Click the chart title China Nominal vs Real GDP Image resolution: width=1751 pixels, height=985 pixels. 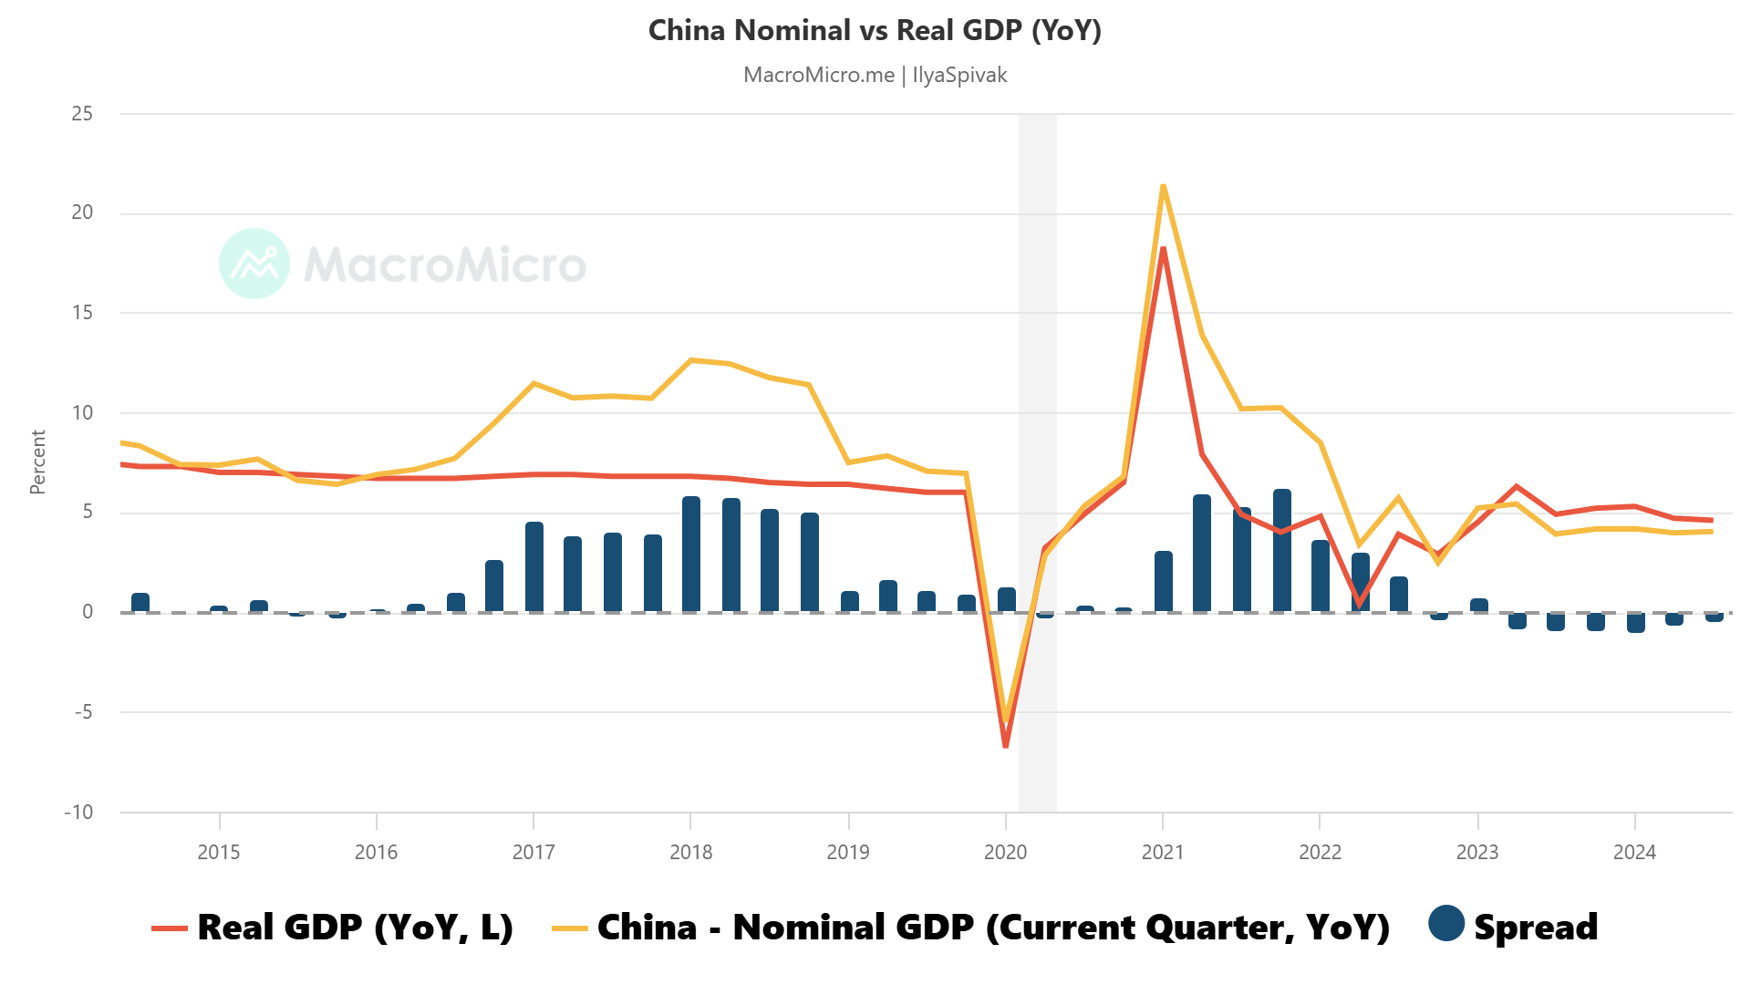875,30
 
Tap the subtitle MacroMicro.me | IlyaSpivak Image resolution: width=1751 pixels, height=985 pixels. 875,75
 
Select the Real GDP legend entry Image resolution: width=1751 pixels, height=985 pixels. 334,927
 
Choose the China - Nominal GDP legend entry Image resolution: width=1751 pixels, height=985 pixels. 972,927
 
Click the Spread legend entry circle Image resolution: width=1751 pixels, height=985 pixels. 1446,923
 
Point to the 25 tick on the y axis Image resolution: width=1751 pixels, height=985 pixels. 82,114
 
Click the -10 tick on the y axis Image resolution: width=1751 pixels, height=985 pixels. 78,812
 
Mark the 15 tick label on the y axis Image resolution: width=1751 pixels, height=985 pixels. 82,313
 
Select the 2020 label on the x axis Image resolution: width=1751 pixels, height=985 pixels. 1005,852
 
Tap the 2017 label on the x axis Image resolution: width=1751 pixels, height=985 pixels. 534,852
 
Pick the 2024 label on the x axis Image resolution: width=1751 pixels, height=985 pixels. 1634,852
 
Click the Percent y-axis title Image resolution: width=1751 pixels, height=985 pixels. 37,462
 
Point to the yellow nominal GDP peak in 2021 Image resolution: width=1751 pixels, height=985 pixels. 1163,187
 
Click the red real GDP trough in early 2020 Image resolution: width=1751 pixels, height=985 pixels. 1006,745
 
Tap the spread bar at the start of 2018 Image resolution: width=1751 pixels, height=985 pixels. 691,554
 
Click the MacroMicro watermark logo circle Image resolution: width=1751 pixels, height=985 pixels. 254,264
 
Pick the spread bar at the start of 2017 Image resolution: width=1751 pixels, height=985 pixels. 534,566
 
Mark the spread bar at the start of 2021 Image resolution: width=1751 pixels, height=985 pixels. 1164,581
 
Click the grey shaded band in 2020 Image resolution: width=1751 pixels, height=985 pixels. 1037,365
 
